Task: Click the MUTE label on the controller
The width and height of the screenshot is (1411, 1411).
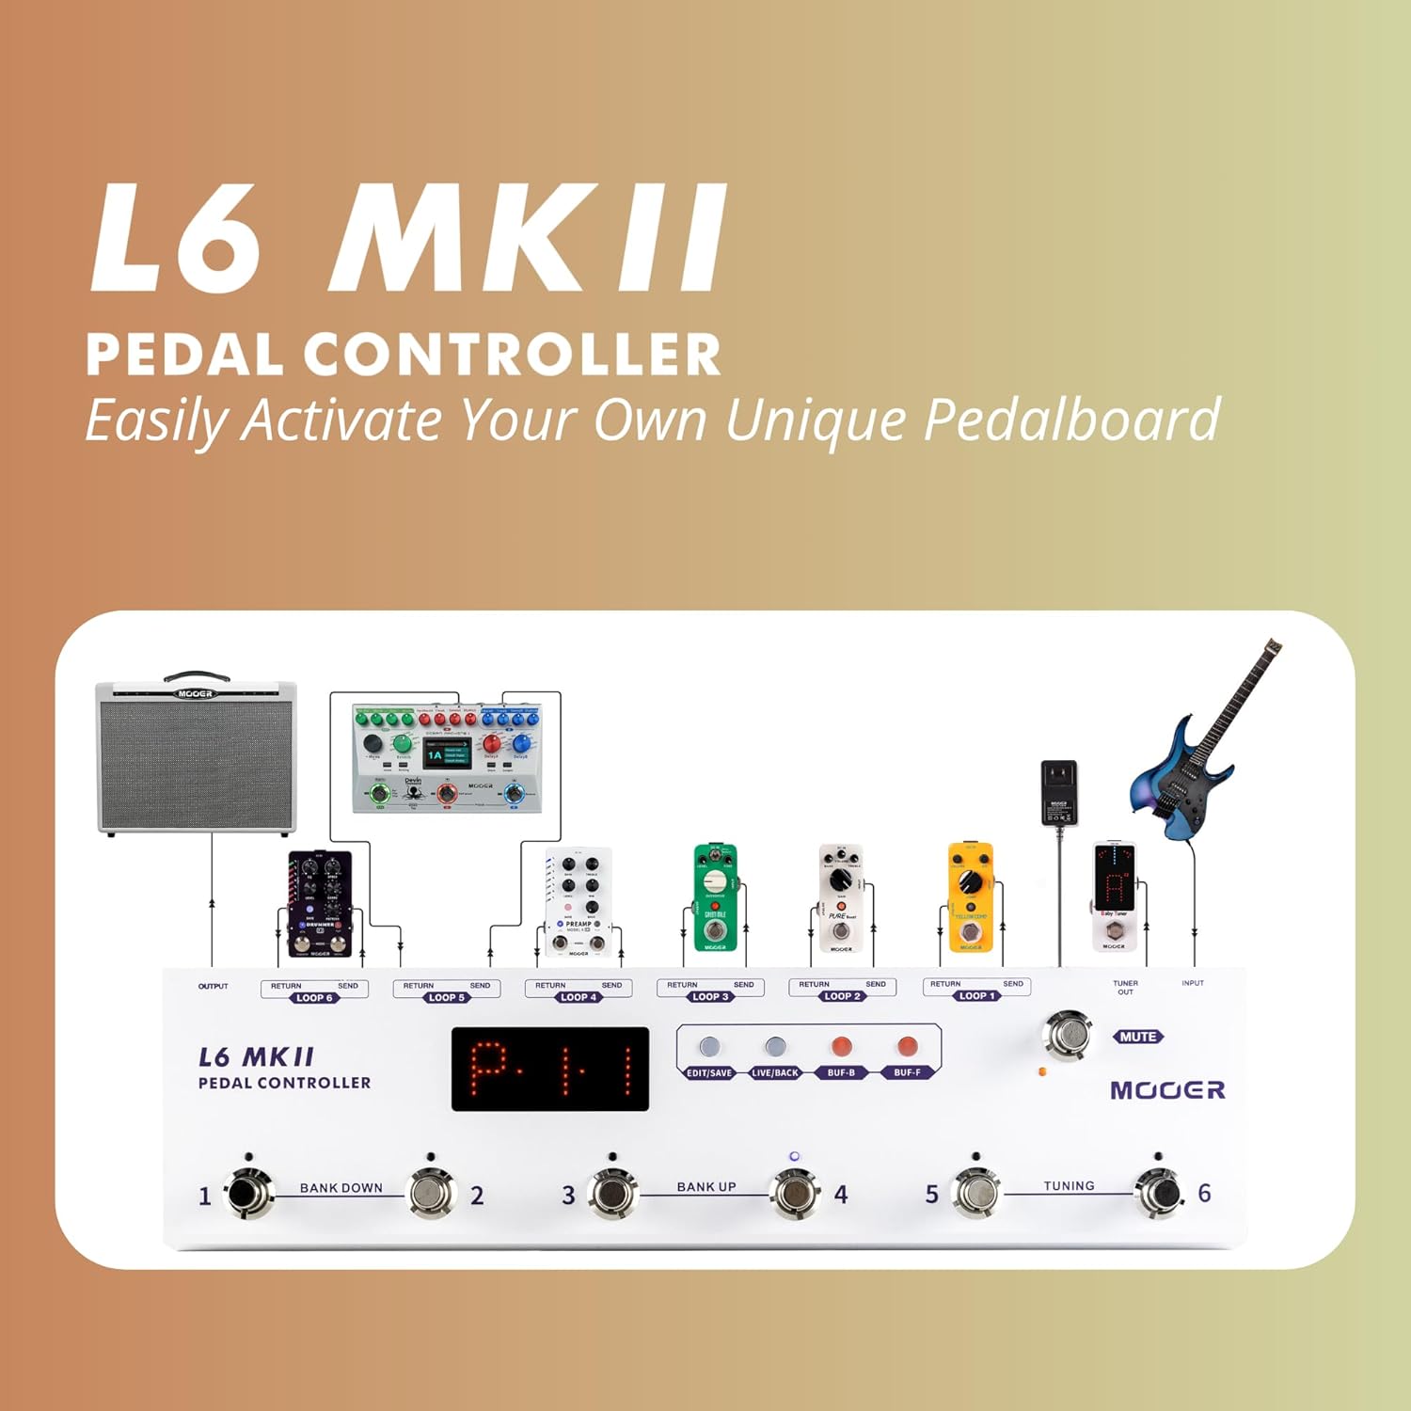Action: coord(1137,1037)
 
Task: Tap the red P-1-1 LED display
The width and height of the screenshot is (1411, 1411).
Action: coord(550,1069)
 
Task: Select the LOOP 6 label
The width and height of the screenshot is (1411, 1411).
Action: coord(314,998)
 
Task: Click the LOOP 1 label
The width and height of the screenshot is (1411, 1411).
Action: coord(977,995)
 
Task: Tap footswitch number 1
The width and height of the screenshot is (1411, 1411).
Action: coord(247,1194)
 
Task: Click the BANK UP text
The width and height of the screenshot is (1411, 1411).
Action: coord(706,1187)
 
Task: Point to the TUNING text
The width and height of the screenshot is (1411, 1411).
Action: coord(1069,1186)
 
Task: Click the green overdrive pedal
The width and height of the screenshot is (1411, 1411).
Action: coord(715,897)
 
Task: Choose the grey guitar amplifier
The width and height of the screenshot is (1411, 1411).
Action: coord(196,758)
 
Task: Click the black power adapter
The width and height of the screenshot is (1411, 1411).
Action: coord(1059,793)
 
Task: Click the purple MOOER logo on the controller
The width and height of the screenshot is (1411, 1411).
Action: coord(1167,1090)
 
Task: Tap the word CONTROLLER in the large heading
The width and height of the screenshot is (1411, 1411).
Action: coord(512,356)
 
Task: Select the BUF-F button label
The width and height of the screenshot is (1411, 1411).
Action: coord(907,1072)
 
